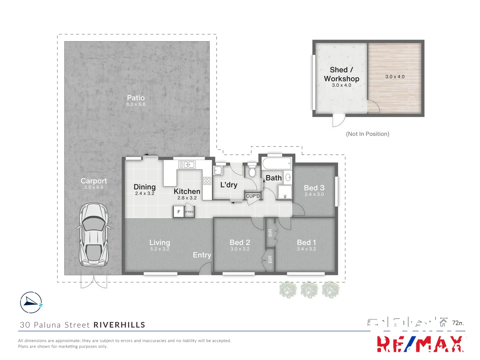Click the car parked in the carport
[x=93, y=235]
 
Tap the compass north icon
[x=31, y=302]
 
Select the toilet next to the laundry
[x=252, y=171]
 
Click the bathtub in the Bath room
[x=277, y=164]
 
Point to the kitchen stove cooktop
[x=207, y=181]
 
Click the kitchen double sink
[x=187, y=165]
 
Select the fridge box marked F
[x=179, y=212]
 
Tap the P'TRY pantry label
[x=189, y=212]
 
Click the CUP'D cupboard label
[x=253, y=196]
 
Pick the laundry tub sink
[x=218, y=170]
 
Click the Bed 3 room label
[x=314, y=188]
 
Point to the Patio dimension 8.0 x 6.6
[x=136, y=104]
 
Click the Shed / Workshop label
[x=341, y=74]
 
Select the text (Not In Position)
[x=367, y=134]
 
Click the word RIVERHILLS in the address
[x=119, y=325]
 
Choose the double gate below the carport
[x=94, y=282]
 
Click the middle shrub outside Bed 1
[x=309, y=289]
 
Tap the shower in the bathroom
[x=285, y=192]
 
